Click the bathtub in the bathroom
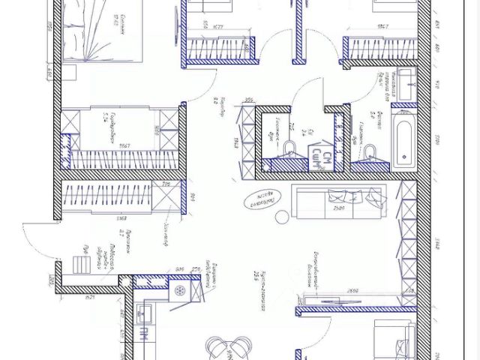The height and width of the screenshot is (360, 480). click(x=403, y=142)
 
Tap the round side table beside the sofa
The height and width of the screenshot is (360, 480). click(x=282, y=217)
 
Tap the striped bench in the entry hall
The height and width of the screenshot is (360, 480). click(x=82, y=264)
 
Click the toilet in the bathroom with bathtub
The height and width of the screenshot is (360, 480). click(x=368, y=153)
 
